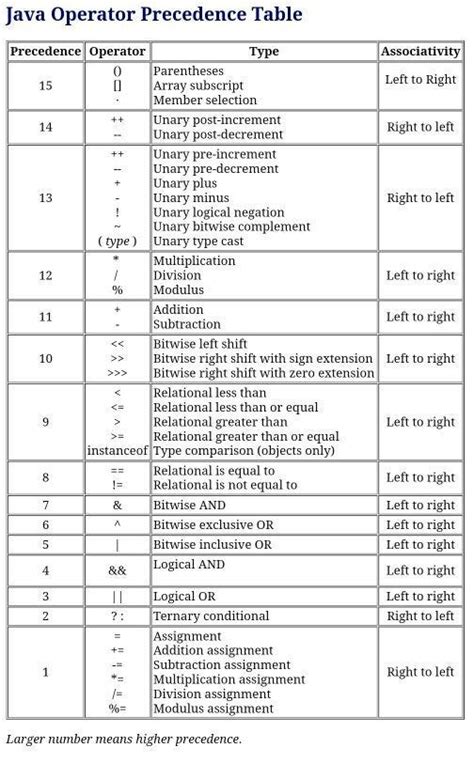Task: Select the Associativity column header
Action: [420, 51]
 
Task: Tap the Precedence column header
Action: [45, 51]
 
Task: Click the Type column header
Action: [264, 51]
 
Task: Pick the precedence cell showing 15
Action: [45, 86]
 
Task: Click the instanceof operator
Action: [117, 451]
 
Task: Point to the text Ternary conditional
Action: [211, 616]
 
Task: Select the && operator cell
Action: [117, 571]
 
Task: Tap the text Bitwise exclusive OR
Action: [215, 525]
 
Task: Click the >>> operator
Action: [117, 373]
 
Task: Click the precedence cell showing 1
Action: [45, 672]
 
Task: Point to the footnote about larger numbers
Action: [124, 739]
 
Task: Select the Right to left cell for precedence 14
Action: [420, 127]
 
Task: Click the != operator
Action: [117, 485]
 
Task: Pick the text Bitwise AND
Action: [190, 506]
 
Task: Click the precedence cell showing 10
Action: [45, 359]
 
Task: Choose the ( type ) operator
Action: [117, 241]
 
